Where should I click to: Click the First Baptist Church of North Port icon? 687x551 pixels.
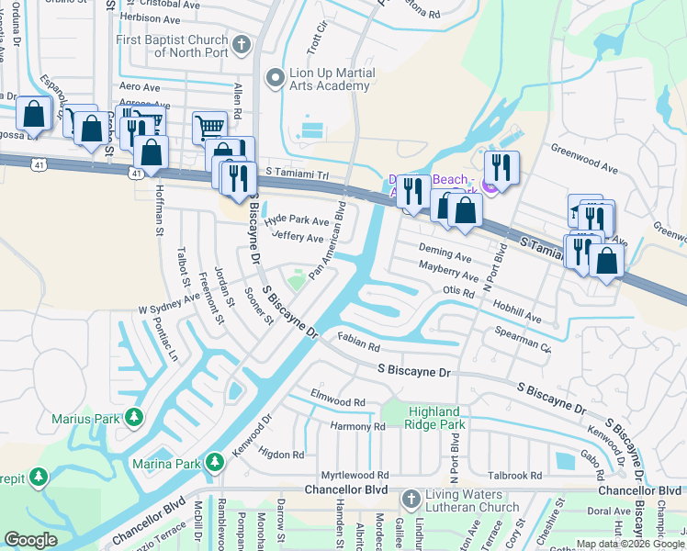pyautogui.click(x=242, y=44)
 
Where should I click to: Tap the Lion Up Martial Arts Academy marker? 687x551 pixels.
pyautogui.click(x=273, y=79)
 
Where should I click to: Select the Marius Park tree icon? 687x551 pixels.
pyautogui.click(x=134, y=419)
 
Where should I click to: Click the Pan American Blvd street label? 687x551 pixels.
pyautogui.click(x=327, y=241)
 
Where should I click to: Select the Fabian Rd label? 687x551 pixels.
pyautogui.click(x=357, y=343)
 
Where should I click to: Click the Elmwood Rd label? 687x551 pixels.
pyautogui.click(x=338, y=401)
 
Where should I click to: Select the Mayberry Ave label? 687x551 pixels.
pyautogui.click(x=448, y=270)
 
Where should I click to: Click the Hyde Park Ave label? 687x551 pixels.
pyautogui.click(x=296, y=221)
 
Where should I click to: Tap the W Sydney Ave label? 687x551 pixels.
pyautogui.click(x=168, y=303)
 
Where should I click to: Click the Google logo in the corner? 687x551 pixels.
pyautogui.click(x=30, y=540)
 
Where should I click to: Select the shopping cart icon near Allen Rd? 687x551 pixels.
pyautogui.click(x=209, y=128)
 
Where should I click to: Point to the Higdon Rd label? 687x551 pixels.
pyautogui.click(x=281, y=455)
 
